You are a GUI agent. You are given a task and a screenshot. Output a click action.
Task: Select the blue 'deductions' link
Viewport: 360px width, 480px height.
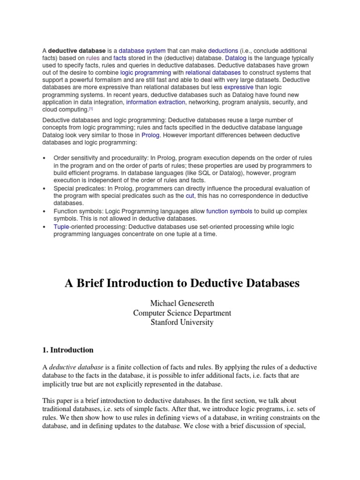coord(223,50)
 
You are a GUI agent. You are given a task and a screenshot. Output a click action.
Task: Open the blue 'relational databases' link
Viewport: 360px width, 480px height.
coord(213,73)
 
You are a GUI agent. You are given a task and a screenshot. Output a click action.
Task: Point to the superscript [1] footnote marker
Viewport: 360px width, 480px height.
coord(91,109)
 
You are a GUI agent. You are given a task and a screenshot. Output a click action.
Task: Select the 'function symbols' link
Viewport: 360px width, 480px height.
coord(229,211)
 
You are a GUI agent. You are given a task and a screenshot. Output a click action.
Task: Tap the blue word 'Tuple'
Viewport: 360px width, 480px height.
coord(62,226)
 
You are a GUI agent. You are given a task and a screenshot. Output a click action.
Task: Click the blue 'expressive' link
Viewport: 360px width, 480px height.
coord(239,87)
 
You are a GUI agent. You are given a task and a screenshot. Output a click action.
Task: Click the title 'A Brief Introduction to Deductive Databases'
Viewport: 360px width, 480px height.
coord(182,284)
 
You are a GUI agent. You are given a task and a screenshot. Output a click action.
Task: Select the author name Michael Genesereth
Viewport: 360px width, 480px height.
coord(182,304)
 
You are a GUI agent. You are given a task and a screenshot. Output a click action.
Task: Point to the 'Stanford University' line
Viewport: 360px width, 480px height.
coord(182,322)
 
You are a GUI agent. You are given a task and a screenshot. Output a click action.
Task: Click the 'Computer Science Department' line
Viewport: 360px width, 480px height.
coord(182,313)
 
